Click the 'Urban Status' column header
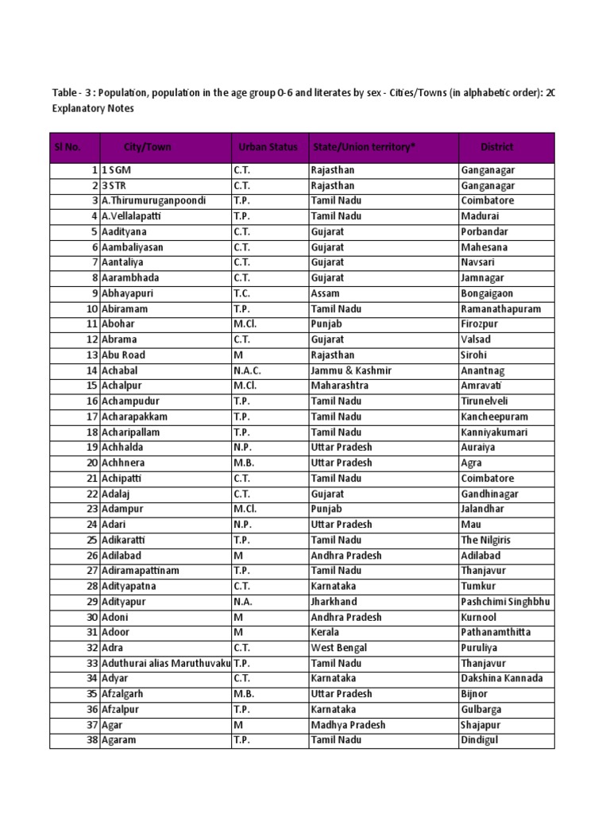coord(268,147)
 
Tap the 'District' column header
coord(497,147)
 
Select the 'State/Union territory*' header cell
coord(365,147)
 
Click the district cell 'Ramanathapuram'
coord(500,309)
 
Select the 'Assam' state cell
coord(326,293)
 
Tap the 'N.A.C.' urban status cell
coord(247,370)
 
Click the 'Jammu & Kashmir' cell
coord(351,370)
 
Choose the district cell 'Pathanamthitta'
coord(496,633)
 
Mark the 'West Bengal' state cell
coord(339,648)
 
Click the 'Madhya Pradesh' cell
coord(348,725)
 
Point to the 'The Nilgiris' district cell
coord(485,541)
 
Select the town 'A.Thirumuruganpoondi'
coord(152,201)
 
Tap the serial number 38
coord(92,740)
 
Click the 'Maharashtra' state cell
coord(340,386)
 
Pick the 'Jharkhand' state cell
coord(334,602)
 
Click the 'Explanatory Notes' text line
coord(93,108)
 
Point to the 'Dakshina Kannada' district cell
coord(502,679)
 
